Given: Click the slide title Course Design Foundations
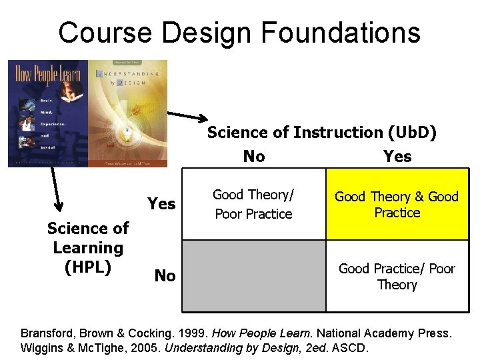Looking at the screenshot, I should (239, 32).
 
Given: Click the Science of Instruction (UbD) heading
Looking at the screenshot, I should (322, 132).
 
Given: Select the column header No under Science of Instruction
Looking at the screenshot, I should (254, 157).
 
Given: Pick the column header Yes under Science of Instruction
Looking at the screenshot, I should (397, 157).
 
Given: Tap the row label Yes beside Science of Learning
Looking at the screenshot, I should (161, 204).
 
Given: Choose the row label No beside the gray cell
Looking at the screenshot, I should (165, 275).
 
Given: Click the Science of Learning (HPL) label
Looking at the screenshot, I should (87, 247).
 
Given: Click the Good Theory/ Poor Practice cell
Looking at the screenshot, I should (253, 204).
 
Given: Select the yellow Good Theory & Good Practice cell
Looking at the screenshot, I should (397, 204).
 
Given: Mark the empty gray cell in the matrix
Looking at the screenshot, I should (253, 276).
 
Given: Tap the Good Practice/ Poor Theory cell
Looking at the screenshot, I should (397, 277).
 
